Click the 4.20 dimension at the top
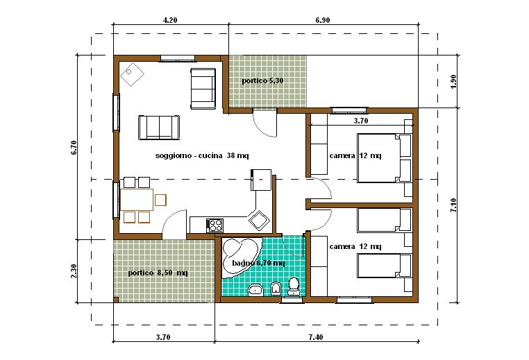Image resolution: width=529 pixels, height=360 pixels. click(170, 20)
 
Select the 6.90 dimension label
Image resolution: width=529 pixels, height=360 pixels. click(323, 20)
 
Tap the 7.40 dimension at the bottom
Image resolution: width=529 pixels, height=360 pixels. click(315, 337)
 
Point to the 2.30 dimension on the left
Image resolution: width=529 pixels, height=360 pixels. click(74, 271)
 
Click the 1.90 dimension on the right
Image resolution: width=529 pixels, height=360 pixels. click(454, 81)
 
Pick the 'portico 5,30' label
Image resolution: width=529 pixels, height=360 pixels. click(262, 81)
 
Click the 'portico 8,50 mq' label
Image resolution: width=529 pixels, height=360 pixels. click(158, 273)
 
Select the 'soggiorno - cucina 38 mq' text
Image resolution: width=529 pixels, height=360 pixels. click(202, 156)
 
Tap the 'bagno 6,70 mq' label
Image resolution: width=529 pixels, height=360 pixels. click(258, 263)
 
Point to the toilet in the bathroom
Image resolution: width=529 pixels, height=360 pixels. click(294, 286)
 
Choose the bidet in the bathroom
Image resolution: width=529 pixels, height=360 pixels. click(276, 289)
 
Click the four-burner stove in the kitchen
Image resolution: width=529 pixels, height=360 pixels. click(215, 225)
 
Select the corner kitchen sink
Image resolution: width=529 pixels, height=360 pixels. click(259, 220)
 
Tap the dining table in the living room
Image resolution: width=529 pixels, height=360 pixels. click(137, 200)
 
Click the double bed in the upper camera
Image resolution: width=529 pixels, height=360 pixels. click(385, 158)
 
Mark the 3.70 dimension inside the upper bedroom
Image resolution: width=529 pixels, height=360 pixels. click(361, 121)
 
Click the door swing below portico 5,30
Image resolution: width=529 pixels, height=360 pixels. click(265, 123)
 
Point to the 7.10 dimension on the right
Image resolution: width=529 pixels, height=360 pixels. click(454, 205)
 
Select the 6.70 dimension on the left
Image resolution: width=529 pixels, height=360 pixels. click(74, 147)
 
